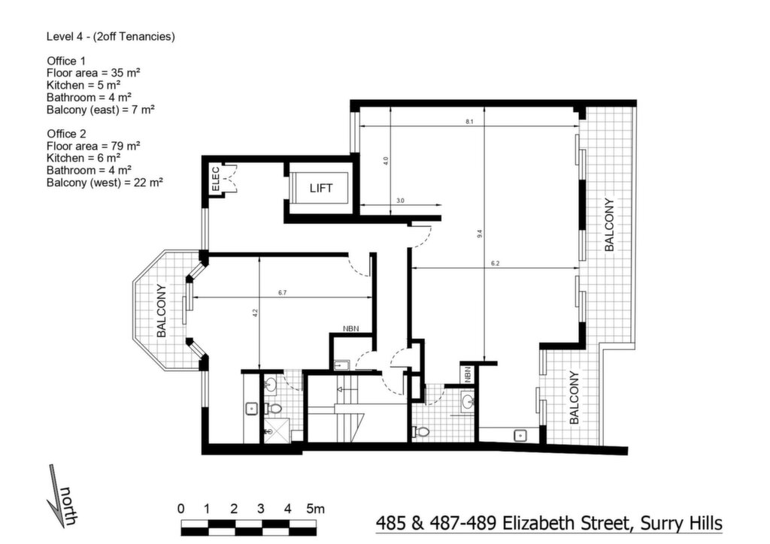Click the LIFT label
tap(320, 188)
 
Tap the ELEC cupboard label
tap(215, 180)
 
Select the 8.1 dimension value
tap(469, 121)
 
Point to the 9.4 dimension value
tap(480, 234)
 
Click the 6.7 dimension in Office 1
tap(283, 293)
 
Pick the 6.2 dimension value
tap(495, 264)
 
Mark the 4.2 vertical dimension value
tap(255, 312)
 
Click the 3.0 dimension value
tap(400, 201)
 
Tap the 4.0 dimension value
tap(386, 160)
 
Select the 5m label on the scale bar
tap(315, 509)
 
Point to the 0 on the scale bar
tap(180, 509)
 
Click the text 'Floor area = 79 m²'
tap(93, 147)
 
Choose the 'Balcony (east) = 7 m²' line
tap(101, 110)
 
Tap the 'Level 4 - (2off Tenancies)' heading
tap(111, 37)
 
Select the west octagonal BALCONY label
tap(161, 310)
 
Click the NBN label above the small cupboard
tap(350, 328)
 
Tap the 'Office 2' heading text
tap(66, 134)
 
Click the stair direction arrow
tap(346, 389)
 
